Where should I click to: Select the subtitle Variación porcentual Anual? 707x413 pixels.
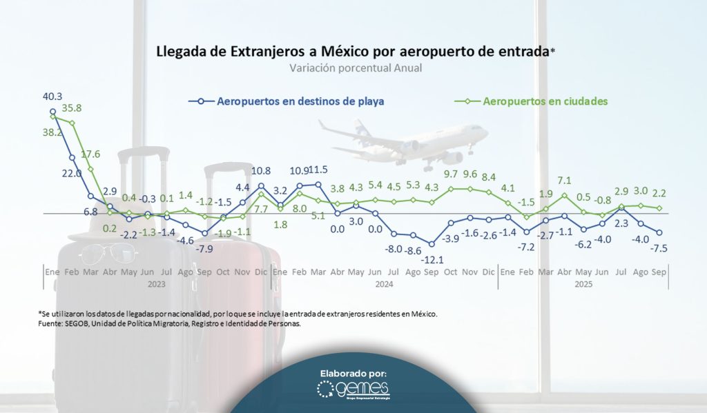coord(355,69)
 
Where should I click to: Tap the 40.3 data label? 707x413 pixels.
coord(52,97)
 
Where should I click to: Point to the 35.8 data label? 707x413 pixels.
coord(90,108)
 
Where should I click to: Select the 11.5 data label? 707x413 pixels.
coord(318,170)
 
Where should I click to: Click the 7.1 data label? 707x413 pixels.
coord(565,181)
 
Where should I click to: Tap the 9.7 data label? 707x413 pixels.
coord(452,174)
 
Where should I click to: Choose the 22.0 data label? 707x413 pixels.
coord(71,173)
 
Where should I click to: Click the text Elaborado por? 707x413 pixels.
coord(353,373)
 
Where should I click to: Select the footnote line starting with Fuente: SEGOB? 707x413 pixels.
coord(170,323)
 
